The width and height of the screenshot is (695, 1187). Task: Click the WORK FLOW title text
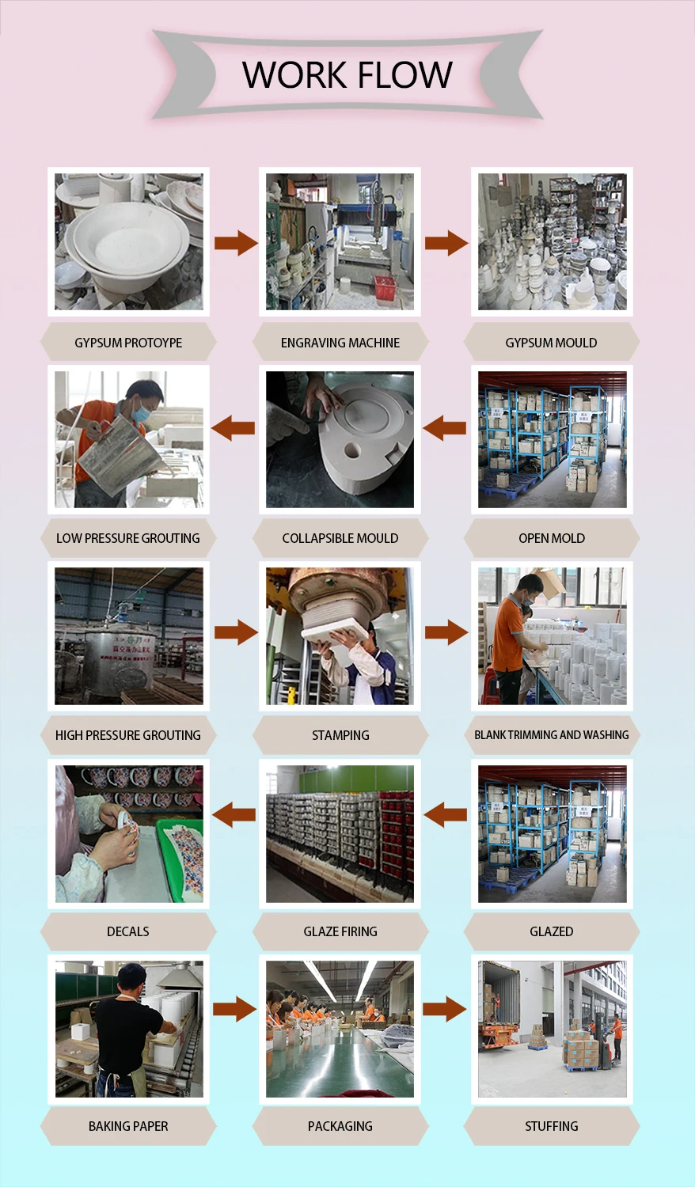(347, 74)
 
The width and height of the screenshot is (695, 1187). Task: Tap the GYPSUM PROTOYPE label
(128, 343)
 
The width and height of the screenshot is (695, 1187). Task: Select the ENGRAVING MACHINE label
(340, 343)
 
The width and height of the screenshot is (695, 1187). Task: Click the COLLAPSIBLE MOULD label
(340, 538)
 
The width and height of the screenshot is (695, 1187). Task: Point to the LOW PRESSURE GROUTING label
(128, 538)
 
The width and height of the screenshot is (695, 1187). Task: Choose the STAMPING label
(340, 735)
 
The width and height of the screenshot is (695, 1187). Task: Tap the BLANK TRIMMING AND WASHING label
(552, 735)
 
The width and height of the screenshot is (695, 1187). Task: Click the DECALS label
(128, 931)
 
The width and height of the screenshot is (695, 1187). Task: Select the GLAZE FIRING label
(340, 931)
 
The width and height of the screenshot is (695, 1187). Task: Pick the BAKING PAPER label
(128, 1126)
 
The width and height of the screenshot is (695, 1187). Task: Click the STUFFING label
(552, 1126)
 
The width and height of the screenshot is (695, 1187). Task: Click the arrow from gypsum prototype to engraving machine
(236, 243)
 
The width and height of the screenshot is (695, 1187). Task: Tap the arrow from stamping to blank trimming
(446, 632)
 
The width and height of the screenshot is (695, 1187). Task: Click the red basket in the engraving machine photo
(385, 286)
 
